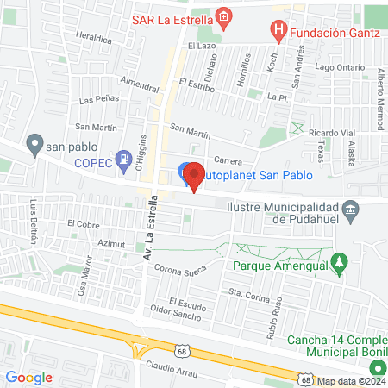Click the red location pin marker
click(195, 175)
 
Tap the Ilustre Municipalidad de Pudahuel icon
click(350, 210)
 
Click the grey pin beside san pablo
click(34, 142)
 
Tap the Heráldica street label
click(94, 39)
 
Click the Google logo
click(28, 377)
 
